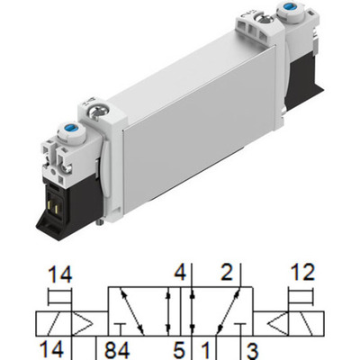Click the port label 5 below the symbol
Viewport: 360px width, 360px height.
180,349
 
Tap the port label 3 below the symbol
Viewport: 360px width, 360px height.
252,349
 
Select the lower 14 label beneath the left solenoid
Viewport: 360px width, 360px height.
58,349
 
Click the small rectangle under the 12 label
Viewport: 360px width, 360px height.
301,298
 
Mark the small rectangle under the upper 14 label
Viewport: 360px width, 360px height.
58,298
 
